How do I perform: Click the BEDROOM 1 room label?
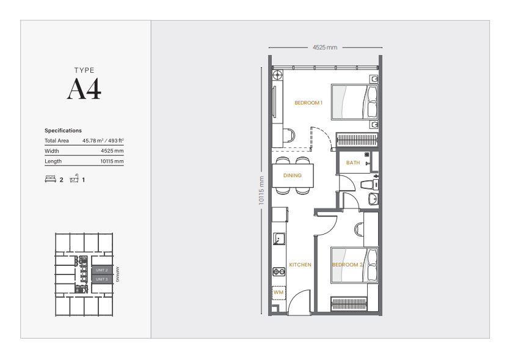[308, 103]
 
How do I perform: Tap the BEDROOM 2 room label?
[348, 265]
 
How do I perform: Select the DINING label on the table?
[292, 176]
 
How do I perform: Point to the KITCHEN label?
[300, 265]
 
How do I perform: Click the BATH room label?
[353, 163]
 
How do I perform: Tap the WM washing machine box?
[279, 293]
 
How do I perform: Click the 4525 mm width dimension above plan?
[324, 47]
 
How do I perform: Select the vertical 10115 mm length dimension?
[261, 189]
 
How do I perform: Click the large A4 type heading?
[84, 89]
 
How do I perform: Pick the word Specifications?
[63, 131]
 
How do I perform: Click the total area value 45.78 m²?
[103, 141]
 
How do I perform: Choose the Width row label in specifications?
[52, 151]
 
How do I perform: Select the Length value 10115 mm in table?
[112, 161]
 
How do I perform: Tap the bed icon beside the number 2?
[50, 180]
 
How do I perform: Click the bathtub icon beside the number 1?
[75, 180]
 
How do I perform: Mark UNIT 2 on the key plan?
[101, 270]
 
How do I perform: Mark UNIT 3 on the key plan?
[101, 279]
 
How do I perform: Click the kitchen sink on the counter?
[279, 238]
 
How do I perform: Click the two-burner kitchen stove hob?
[279, 271]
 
